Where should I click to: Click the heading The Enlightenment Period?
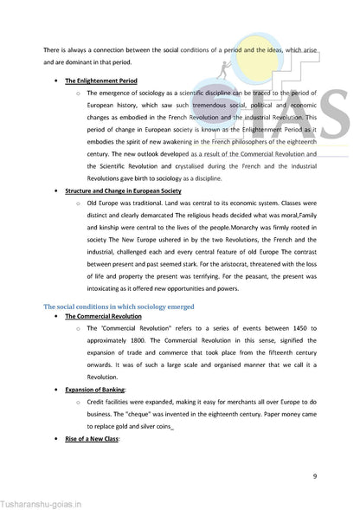[x=100, y=80]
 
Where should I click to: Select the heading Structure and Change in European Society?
[x=123, y=190]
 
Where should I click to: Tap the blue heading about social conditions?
[x=119, y=307]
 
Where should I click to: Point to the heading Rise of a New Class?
[x=92, y=439]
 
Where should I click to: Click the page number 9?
[x=314, y=475]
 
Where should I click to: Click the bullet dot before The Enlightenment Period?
[x=56, y=80]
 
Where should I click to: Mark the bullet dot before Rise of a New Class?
[x=56, y=439]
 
